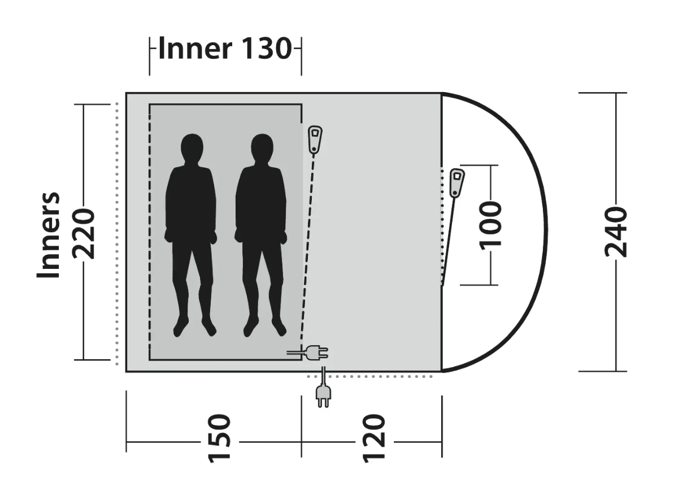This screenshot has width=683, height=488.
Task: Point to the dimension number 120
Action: (x=375, y=439)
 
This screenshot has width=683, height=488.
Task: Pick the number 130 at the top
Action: (x=266, y=49)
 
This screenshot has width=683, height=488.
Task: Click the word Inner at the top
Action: (x=195, y=49)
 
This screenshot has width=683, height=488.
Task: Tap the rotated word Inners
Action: (x=49, y=234)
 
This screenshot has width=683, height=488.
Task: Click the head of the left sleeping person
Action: (x=192, y=149)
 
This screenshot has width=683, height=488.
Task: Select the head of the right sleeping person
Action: (x=262, y=149)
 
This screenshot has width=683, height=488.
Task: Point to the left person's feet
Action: (x=194, y=326)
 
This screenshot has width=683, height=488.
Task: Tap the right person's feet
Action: (x=264, y=326)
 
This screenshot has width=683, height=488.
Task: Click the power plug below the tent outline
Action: (x=323, y=394)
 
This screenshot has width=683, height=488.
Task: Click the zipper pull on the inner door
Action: (x=315, y=140)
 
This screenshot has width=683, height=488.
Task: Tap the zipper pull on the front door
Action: (x=457, y=182)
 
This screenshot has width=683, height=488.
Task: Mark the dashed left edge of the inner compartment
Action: (x=150, y=232)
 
